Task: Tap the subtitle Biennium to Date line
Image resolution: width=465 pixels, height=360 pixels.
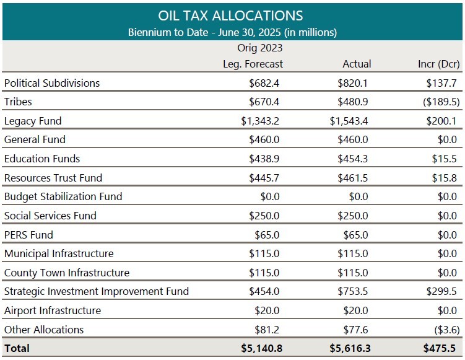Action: tap(232, 32)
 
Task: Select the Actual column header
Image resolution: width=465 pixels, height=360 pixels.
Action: tap(357, 64)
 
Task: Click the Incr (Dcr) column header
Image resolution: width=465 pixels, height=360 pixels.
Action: tap(439, 64)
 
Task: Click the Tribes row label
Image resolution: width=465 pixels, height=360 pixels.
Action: tap(18, 102)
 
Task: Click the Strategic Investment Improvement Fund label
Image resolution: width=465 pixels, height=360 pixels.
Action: tap(97, 291)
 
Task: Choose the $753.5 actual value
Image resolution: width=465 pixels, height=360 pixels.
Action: tap(354, 291)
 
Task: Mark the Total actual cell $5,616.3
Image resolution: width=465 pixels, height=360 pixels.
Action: tap(349, 348)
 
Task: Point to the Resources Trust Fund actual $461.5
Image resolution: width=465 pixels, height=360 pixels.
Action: tap(354, 178)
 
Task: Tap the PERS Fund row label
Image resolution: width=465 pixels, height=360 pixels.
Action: tap(28, 235)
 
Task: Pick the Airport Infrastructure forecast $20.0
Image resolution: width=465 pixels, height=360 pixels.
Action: tap(267, 310)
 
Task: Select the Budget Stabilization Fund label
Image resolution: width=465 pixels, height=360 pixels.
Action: tap(63, 196)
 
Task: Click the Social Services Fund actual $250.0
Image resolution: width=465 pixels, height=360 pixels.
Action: tap(354, 216)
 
